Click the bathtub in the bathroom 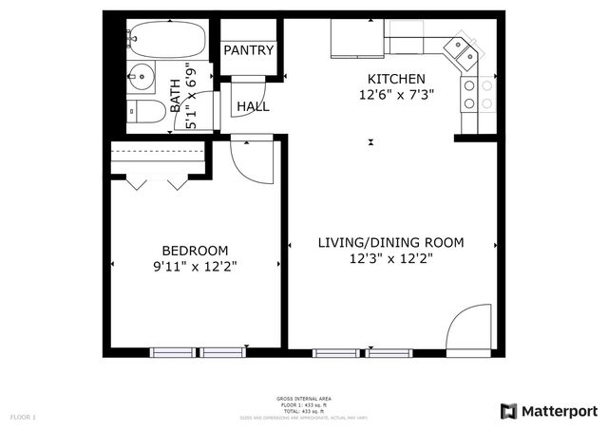165,40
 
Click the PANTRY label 248,50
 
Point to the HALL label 253,106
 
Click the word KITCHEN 396,79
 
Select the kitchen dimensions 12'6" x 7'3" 396,94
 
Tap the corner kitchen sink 463,51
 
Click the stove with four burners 478,93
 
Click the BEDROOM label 194,251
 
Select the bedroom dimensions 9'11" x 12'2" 194,267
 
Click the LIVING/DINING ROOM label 390,243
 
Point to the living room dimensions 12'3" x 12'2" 390,259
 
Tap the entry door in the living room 469,332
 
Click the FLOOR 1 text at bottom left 23,417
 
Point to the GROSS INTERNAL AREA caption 304,399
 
